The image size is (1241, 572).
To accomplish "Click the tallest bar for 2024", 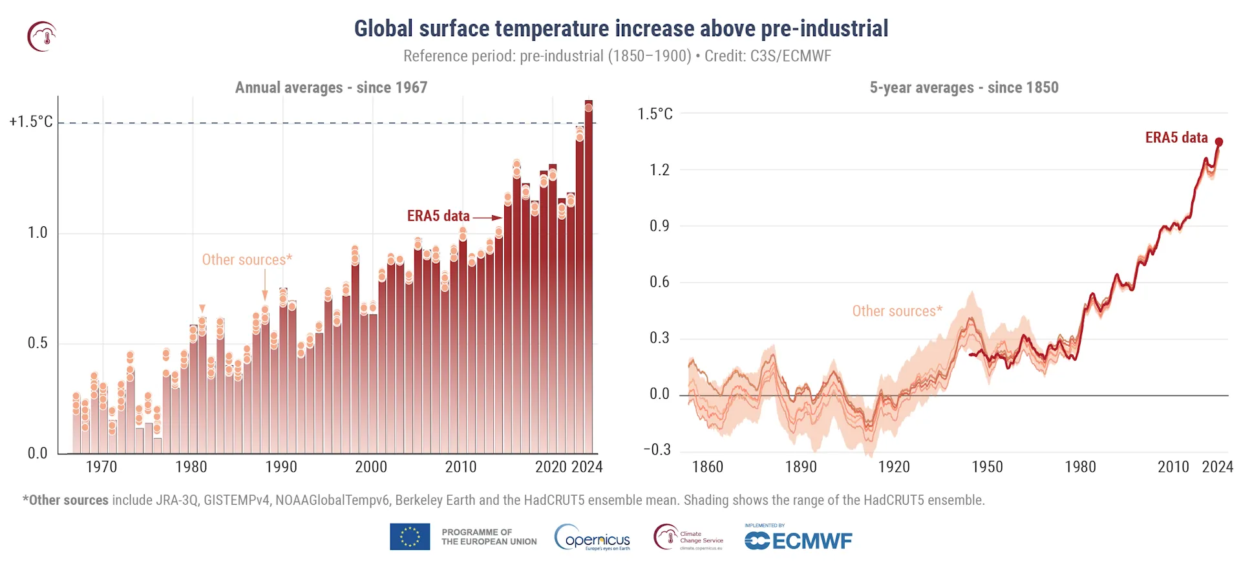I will click(x=589, y=278).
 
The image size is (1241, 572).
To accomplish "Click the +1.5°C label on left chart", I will click(x=31, y=122).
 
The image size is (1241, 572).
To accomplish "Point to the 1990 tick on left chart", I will click(x=281, y=467).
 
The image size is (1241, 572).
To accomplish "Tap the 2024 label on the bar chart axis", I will click(x=587, y=467).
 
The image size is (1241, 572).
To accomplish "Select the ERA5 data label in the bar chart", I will click(x=438, y=216).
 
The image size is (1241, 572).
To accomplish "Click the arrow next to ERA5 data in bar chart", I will click(x=487, y=218).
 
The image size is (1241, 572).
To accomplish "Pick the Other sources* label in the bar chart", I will click(x=247, y=260).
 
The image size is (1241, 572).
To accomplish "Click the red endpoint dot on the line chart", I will click(x=1219, y=142).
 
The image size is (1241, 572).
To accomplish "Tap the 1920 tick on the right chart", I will click(x=894, y=467).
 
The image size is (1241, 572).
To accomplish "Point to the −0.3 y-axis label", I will click(x=657, y=450).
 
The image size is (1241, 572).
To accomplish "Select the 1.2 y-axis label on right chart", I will click(x=659, y=170).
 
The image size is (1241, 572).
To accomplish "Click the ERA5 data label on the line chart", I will click(x=1176, y=138).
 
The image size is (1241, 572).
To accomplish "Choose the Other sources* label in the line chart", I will click(x=897, y=312).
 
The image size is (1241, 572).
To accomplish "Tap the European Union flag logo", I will click(x=410, y=537).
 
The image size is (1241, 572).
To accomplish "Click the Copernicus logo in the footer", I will click(x=592, y=538).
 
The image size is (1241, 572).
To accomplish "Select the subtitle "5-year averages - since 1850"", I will click(x=964, y=88).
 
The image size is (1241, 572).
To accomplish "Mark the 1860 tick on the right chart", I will click(x=708, y=467).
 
